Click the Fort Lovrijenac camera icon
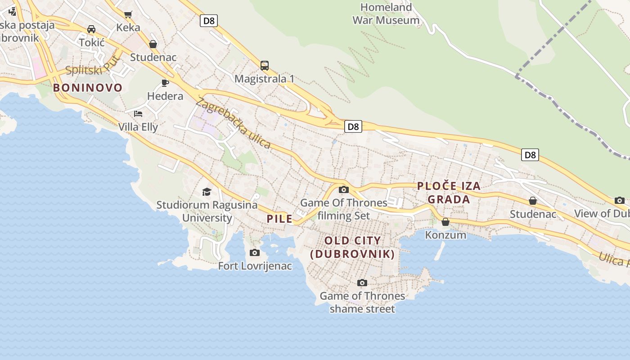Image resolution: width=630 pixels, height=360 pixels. pos(255,253)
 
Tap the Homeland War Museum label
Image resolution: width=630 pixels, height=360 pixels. pos(386,14)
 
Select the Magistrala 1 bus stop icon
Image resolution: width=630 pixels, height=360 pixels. pos(265,66)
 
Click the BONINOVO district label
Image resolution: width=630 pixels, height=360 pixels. pos(88,88)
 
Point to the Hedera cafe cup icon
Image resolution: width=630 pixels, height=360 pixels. pos(165,83)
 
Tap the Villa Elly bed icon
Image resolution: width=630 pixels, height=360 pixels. pos(138,113)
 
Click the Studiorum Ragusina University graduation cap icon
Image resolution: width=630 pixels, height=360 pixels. pos(207,192)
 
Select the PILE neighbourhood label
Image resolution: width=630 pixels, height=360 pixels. pos(279,219)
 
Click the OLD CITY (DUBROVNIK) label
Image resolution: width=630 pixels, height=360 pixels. pos(352,247)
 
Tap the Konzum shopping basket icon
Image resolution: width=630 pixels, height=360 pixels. pos(445,222)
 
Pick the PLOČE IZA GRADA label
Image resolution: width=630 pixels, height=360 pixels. pos(449,193)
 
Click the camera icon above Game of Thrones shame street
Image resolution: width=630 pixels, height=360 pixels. pos(362,283)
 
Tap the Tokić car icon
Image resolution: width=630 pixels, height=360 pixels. pos(91,29)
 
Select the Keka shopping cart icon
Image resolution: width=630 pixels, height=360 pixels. pos(128,14)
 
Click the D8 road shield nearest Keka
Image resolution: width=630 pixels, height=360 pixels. pos(209,21)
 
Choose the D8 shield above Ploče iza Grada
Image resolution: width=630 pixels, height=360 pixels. pos(530,155)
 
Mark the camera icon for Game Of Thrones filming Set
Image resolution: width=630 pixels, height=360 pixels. pos(344,190)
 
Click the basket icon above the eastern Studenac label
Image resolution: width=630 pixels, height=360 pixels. pos(533,201)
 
